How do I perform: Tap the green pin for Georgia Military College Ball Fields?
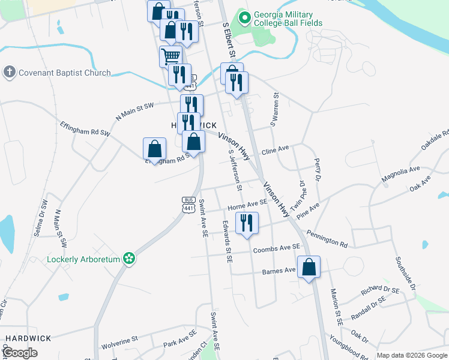244,18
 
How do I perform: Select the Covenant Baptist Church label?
65,73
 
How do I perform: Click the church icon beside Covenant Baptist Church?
9,73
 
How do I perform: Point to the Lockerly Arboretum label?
84,259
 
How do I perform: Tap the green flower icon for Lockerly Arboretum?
128,259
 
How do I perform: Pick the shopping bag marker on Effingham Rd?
155,149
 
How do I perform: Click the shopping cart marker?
171,57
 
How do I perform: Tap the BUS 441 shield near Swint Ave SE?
188,205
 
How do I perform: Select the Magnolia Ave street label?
400,175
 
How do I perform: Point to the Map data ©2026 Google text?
411,355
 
